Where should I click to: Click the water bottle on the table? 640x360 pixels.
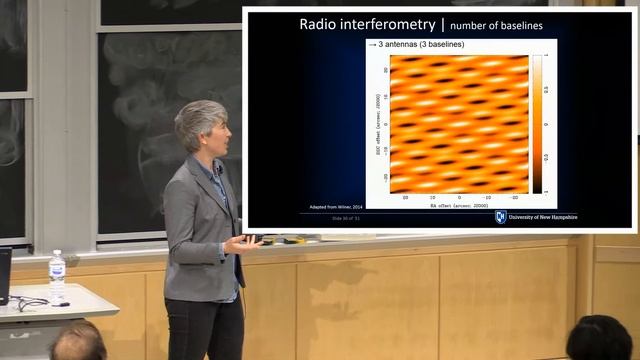tap(57, 277)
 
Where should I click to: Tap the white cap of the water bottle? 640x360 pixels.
tap(57, 254)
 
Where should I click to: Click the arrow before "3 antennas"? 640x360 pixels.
tap(372, 46)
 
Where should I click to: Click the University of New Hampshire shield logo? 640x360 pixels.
tap(501, 216)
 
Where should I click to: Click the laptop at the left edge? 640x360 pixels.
tap(5, 276)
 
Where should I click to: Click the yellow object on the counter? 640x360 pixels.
tap(293, 240)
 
